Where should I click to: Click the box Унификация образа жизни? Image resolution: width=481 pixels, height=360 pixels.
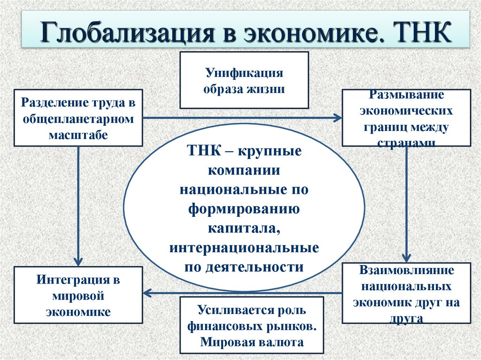click(x=244, y=80)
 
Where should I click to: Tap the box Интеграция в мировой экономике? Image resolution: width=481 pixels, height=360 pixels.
click(x=78, y=295)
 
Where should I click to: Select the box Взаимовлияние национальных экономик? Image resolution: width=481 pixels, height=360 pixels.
click(x=407, y=293)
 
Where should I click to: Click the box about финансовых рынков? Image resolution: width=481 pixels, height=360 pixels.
click(x=252, y=325)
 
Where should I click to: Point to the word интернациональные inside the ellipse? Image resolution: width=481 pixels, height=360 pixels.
click(x=244, y=246)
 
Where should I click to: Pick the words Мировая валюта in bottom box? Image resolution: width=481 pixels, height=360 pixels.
click(x=252, y=342)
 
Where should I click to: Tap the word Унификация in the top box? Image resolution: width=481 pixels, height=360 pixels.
click(x=244, y=73)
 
